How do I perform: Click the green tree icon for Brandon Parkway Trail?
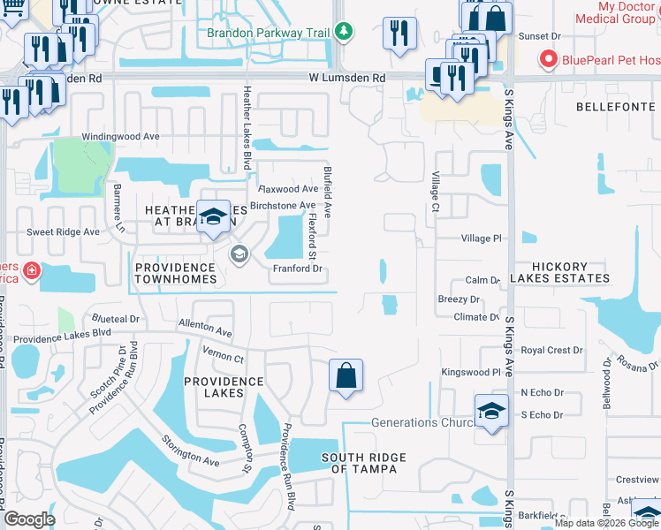[x=345, y=34]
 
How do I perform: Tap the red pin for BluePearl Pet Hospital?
[x=548, y=59]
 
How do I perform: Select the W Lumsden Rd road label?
[x=346, y=79]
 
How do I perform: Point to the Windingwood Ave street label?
[x=120, y=137]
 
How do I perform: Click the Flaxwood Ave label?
[x=287, y=189]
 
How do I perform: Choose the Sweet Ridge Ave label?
[x=63, y=231]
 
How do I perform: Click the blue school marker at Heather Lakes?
[x=213, y=216]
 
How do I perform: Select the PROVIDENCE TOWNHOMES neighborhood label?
[x=175, y=273]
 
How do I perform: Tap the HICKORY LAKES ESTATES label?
[x=571, y=272]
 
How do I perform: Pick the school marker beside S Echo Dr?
[x=491, y=411]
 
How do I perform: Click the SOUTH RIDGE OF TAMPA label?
[x=363, y=463]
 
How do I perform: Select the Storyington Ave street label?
[x=189, y=450]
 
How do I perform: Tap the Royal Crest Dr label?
[x=551, y=351]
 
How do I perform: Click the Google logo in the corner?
[x=28, y=519]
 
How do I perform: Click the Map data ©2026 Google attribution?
[x=606, y=523]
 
